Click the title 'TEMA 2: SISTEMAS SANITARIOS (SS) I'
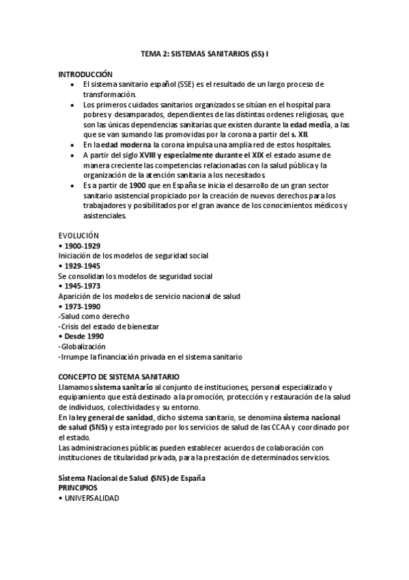tap(204, 53)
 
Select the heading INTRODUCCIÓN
tap(85, 74)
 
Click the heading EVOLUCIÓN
tap(79, 235)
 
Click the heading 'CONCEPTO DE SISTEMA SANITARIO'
tap(119, 377)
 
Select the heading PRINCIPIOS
tap(78, 488)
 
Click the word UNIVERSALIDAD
tap(91, 499)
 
